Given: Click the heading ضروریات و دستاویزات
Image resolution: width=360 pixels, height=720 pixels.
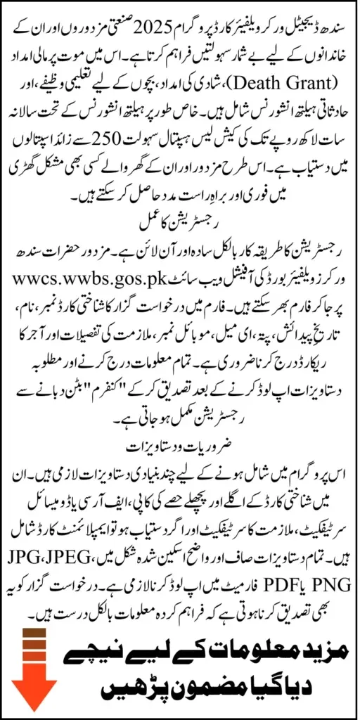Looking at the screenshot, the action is (179, 446).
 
